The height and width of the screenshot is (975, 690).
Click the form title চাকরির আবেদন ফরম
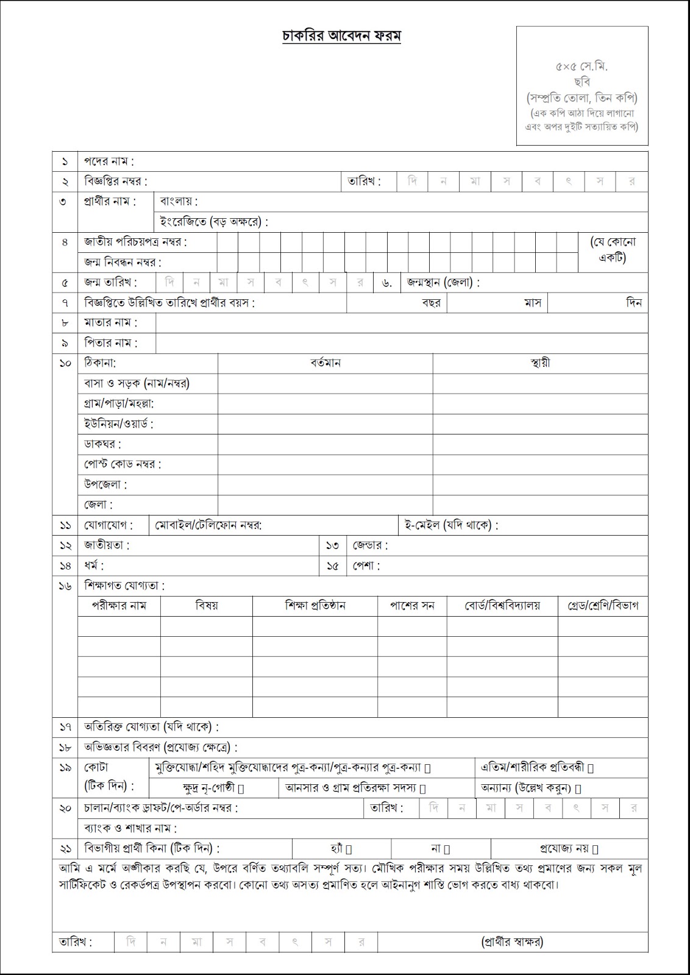pos(341,37)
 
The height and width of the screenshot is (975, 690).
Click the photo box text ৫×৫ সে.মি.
pos(582,67)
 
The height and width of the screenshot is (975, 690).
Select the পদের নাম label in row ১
pos(108,161)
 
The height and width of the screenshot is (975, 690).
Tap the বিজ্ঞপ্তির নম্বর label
pos(115,182)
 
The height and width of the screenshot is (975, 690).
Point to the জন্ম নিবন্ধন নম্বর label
pos(123,263)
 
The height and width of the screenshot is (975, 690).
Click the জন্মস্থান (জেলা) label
pos(443,283)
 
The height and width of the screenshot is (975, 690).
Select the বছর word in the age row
pos(431,303)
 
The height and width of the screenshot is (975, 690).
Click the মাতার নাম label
pos(110,323)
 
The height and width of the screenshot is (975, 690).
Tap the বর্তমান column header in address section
pos(325,363)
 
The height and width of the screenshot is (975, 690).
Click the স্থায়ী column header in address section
pos(540,363)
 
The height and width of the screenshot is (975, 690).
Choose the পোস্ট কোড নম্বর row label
pos(123,464)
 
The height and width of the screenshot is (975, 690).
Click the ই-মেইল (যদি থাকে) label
pos(451,525)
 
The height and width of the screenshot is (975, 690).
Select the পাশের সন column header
pos(412,606)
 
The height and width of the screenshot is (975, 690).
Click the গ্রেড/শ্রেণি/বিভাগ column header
pos(603,606)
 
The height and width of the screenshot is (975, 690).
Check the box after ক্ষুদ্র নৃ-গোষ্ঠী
pos(241,789)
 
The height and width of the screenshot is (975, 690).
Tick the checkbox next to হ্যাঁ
pos(349,849)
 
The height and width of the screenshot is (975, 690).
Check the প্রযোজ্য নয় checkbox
pos(596,849)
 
